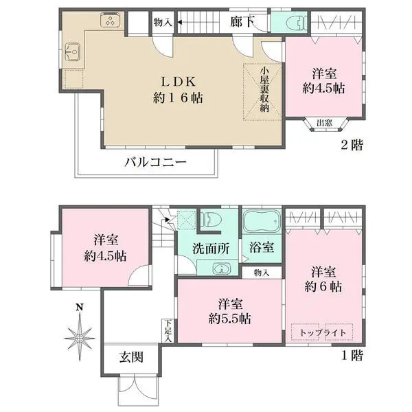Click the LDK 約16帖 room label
point(178,90)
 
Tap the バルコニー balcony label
point(155,162)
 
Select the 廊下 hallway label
point(242,22)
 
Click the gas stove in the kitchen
point(111,20)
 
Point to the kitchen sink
point(73,51)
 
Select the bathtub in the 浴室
point(262,221)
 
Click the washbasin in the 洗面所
point(222,268)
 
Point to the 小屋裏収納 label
point(264,90)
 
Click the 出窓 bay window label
point(325,123)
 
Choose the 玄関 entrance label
point(131,357)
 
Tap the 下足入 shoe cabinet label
point(168,331)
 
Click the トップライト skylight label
point(323,333)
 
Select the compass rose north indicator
point(80,333)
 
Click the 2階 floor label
point(352,145)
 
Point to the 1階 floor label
point(352,356)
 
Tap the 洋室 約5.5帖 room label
point(230,311)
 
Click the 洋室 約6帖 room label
point(323,279)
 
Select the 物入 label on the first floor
point(262,273)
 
